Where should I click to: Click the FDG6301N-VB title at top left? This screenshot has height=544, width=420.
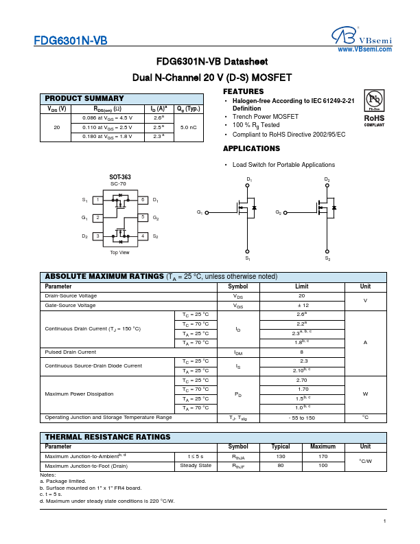tap(70, 41)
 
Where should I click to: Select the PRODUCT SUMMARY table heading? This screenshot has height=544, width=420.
tap(84, 99)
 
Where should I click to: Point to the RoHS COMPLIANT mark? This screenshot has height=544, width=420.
tap(375, 120)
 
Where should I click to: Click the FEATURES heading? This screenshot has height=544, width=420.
tap(244, 91)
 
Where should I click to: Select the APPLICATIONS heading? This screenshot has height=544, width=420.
tap(252, 148)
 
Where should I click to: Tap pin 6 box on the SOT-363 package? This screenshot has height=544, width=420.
tap(142, 200)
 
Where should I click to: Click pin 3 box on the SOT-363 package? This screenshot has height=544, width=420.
tap(98, 236)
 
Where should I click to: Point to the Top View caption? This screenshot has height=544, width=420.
tap(120, 253)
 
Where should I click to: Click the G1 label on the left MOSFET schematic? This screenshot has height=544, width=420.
tap(200, 212)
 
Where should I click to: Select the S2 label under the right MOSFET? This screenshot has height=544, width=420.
tap(327, 259)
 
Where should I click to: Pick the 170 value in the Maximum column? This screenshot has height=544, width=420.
tap(323, 456)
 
